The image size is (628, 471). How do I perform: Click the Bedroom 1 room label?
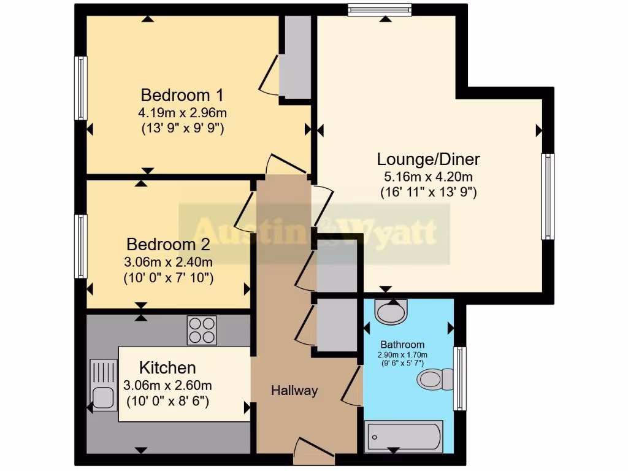[x=182, y=96]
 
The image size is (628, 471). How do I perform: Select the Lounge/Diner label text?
[x=428, y=159]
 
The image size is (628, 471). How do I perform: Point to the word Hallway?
[x=294, y=390]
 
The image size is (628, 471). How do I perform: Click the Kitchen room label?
[x=167, y=368]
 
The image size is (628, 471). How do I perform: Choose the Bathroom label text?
[x=402, y=345]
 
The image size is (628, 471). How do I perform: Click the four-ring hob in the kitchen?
[x=202, y=331]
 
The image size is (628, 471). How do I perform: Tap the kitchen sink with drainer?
[x=103, y=385]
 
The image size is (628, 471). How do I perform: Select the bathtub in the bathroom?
[x=403, y=436]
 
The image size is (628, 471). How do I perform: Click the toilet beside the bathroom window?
[x=435, y=379]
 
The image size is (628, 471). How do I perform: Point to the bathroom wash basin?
[x=391, y=312]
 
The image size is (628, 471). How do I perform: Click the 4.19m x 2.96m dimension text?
[x=182, y=113]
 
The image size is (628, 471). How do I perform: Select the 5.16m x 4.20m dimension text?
[x=428, y=177]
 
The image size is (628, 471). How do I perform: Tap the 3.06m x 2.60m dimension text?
[x=167, y=386]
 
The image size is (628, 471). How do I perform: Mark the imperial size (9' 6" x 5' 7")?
[x=402, y=362]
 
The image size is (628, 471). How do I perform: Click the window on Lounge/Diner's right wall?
[x=547, y=196]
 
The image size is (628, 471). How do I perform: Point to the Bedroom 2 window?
[x=80, y=247]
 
